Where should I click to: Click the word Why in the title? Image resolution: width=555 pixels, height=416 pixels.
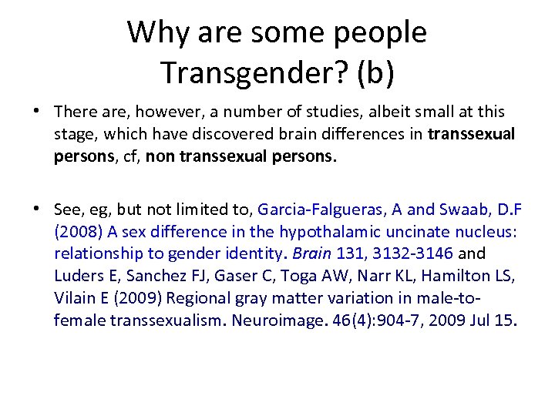[159, 32]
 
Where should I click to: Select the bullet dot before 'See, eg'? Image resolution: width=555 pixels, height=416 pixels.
[36, 210]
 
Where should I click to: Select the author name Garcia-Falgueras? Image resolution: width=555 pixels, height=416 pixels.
[318, 210]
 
